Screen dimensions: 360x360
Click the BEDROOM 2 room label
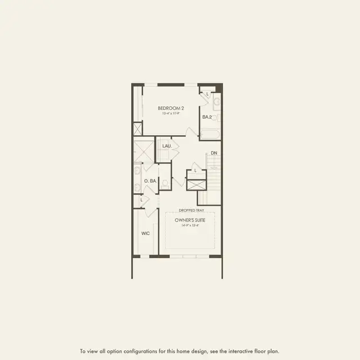(170, 107)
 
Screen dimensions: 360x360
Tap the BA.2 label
(207, 117)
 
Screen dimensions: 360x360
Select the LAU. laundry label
(166, 146)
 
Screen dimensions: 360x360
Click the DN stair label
(214, 153)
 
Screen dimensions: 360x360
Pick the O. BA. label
(150, 181)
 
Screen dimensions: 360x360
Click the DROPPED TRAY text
(192, 209)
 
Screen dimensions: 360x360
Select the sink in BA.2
(217, 103)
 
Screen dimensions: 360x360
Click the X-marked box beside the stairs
(197, 186)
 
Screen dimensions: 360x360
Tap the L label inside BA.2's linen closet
(208, 94)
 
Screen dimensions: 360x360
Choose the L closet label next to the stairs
(195, 170)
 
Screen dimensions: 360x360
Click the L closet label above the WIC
(141, 199)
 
